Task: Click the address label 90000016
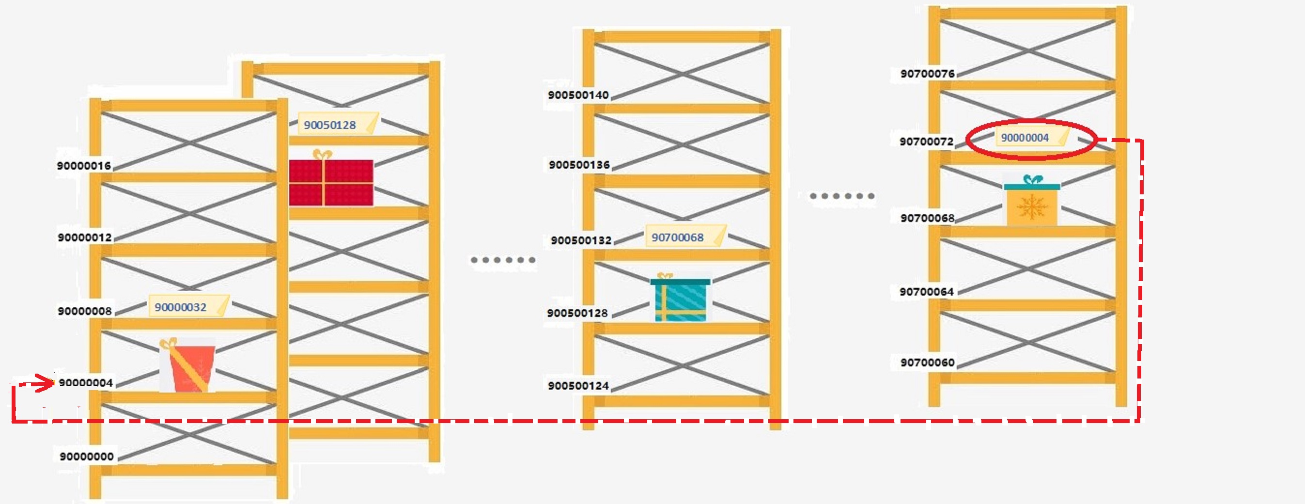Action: pos(84,166)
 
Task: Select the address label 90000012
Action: pos(85,237)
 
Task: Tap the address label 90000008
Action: pos(85,311)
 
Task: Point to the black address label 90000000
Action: pos(87,457)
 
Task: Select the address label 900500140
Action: pos(578,95)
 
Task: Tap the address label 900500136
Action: pos(579,165)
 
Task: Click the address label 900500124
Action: pos(578,386)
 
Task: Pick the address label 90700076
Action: pos(927,74)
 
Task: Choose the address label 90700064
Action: pos(927,292)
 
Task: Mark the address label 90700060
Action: pos(927,362)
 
